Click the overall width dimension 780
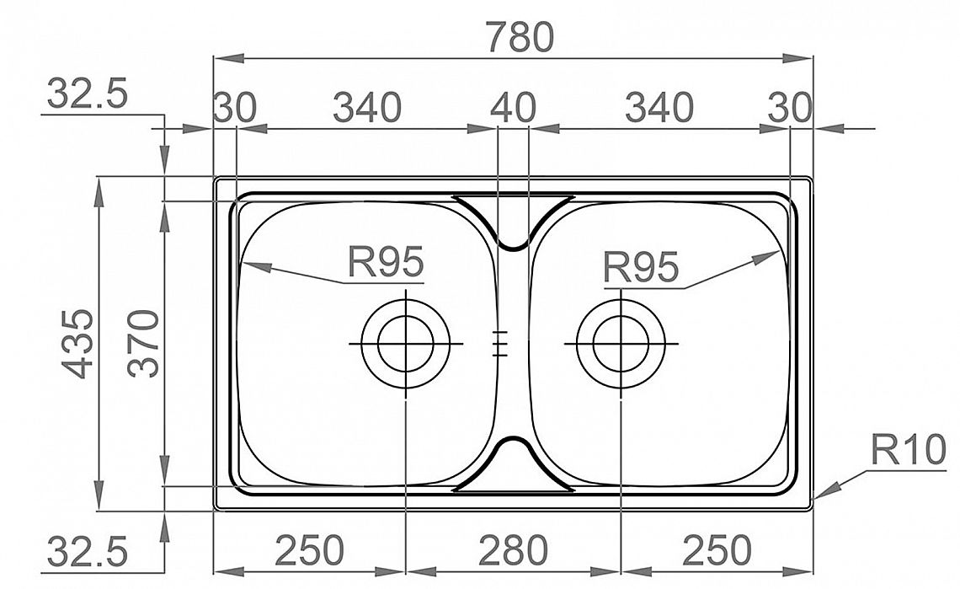pos(520,37)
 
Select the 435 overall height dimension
pos(79,343)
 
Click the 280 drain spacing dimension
pos(513,549)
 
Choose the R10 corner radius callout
pos(908,450)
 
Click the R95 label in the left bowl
pos(385,262)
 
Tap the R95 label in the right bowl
pos(641,266)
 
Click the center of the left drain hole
pos(406,344)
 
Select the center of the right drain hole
pos(621,344)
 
